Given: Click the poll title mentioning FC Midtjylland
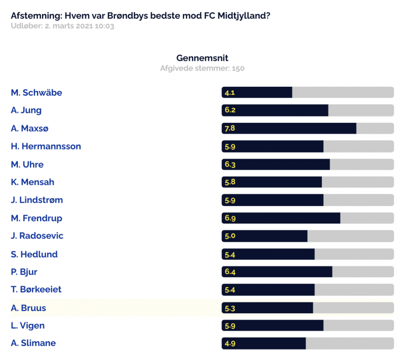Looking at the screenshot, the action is point(140,16).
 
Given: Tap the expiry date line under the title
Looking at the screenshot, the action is point(63,26).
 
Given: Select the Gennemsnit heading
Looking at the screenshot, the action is point(202,58).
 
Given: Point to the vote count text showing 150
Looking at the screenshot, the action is point(202,68).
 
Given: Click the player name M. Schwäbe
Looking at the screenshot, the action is point(36,93).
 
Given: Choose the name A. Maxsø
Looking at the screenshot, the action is point(30,128).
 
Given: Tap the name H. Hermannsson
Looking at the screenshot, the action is point(46,146).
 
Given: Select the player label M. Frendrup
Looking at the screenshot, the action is point(36,218).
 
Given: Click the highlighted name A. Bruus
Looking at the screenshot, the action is point(28,308).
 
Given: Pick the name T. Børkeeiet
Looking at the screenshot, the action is point(36,289).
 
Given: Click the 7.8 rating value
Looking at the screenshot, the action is point(230,128).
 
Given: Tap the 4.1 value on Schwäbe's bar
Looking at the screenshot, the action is point(230,93).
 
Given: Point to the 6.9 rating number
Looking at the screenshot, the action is point(230,218).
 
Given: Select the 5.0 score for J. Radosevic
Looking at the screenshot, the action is point(230,236).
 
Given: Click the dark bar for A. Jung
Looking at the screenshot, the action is point(275,110).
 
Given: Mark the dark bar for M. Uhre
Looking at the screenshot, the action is point(276,164).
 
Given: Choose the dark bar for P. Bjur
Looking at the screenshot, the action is point(277,272).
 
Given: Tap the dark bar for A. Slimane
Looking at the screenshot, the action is point(264,343).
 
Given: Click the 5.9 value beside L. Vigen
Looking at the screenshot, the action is point(230,326).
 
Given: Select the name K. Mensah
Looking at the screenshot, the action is point(32,182).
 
